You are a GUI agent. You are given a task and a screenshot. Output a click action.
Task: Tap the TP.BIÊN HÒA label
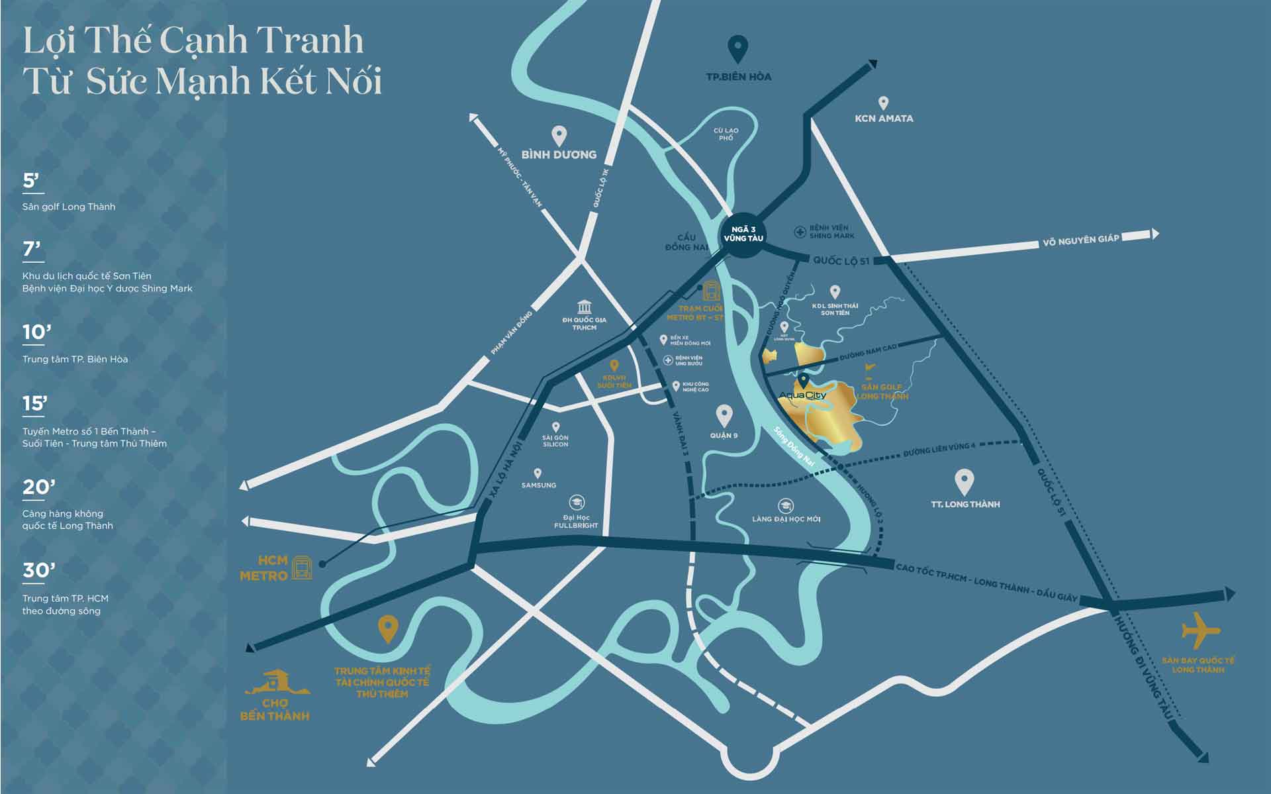[x=738, y=77]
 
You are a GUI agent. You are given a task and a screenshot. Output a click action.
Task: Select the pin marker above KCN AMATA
[x=882, y=103]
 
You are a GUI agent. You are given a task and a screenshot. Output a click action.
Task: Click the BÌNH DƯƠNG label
[x=559, y=154]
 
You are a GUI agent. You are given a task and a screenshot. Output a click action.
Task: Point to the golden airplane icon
[x=1200, y=630]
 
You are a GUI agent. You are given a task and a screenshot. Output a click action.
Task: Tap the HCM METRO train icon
[x=302, y=568]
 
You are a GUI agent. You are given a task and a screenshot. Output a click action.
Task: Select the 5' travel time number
[x=31, y=181]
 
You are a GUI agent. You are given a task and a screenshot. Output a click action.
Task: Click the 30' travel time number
[x=38, y=570]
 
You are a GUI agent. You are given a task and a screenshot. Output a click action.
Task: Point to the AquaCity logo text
[x=802, y=395]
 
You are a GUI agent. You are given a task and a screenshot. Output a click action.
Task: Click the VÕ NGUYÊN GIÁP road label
[x=1080, y=240]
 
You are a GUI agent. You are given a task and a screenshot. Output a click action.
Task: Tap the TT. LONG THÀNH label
[x=965, y=505]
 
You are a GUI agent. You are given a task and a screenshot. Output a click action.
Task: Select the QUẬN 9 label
[x=724, y=435]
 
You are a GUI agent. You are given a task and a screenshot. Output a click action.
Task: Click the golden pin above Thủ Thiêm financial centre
[x=387, y=628]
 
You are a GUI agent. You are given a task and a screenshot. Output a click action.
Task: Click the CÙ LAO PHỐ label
[x=726, y=134]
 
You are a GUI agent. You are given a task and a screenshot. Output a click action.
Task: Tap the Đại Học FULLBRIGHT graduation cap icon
[x=577, y=503]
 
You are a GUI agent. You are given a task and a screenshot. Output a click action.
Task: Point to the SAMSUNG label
[x=538, y=485]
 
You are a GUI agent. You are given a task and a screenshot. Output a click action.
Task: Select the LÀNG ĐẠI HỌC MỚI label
[x=786, y=519]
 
